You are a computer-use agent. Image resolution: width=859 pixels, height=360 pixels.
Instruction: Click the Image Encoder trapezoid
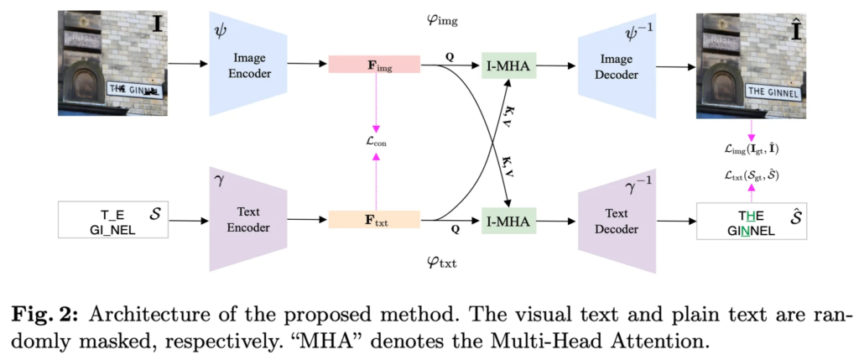(249, 63)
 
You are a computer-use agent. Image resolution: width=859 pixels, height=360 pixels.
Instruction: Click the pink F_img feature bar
(374, 64)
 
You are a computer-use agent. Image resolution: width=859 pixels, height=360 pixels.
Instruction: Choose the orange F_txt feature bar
(374, 221)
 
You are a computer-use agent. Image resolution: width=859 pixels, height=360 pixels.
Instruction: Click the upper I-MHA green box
(508, 64)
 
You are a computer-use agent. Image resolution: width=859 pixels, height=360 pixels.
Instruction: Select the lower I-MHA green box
(508, 221)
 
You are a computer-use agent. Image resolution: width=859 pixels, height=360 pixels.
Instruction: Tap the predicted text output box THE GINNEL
(752, 221)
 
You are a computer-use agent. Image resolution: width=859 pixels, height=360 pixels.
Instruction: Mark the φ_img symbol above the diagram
(443, 18)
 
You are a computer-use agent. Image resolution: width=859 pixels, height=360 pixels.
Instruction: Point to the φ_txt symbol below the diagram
(443, 265)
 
